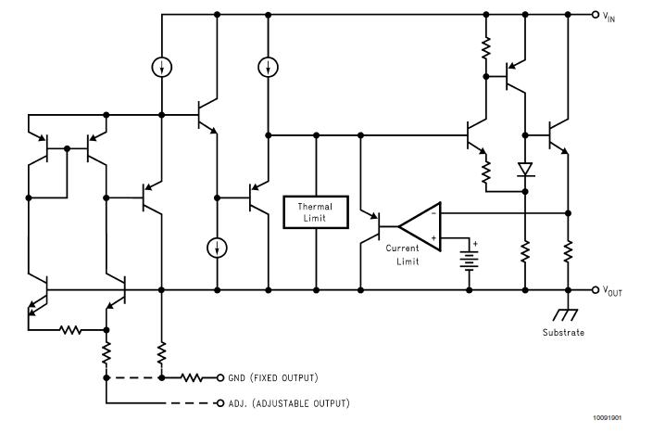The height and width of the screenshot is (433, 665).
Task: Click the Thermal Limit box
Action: [x=317, y=212]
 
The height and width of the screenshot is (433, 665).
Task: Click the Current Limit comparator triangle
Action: [x=418, y=225]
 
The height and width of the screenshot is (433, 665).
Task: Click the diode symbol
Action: [x=524, y=170]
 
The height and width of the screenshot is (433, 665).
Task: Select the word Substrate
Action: [x=563, y=332]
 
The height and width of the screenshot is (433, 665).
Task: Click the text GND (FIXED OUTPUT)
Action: [x=273, y=378]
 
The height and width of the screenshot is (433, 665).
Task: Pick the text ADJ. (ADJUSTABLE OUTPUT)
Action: [x=288, y=404]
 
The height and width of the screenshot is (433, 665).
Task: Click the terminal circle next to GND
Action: [x=220, y=378]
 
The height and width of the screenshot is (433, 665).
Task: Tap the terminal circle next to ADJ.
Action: [x=220, y=404]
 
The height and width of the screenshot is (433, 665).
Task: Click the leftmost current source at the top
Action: [x=161, y=68]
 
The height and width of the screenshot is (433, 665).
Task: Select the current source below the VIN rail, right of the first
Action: [x=267, y=68]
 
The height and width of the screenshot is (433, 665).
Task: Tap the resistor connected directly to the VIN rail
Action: [x=484, y=47]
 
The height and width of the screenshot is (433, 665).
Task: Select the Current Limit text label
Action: [x=403, y=255]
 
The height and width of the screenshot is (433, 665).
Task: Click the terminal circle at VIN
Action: [x=595, y=15]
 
